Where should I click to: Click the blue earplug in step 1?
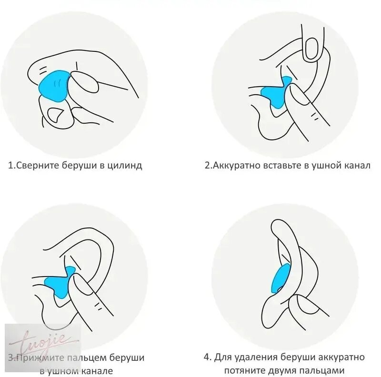[x=53, y=86]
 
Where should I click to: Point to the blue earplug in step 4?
[x=280, y=278]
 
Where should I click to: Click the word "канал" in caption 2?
[x=357, y=166]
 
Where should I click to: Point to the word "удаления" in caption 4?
[x=256, y=357]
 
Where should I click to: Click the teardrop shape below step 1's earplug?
[x=55, y=115]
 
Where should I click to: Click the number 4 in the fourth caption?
[x=207, y=357]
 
